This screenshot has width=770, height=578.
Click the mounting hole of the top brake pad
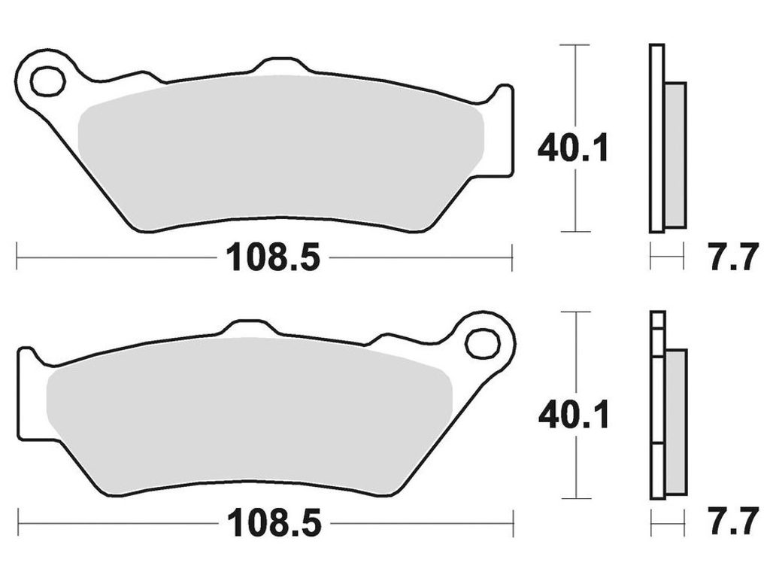[x=47, y=80]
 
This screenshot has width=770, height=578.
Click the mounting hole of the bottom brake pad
[x=482, y=344]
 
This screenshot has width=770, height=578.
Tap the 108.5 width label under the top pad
[x=272, y=257]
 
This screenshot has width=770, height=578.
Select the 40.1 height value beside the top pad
[x=572, y=148]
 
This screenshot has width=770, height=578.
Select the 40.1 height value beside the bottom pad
[x=574, y=415]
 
